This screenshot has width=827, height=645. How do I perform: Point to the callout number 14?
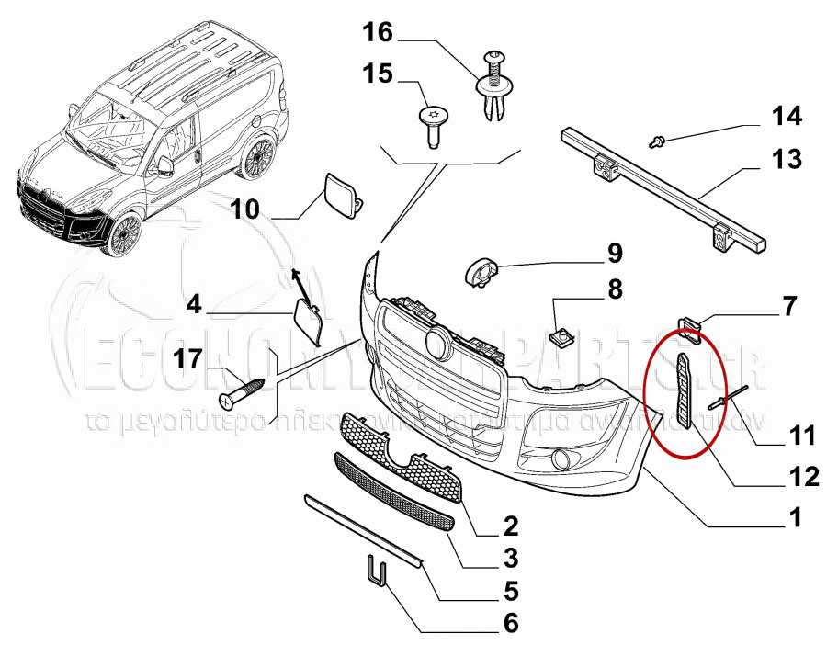click(x=786, y=117)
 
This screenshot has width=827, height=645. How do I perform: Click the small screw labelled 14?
click(x=657, y=141)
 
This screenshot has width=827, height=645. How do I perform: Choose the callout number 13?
click(x=786, y=159)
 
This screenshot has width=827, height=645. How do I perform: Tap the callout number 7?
click(x=789, y=305)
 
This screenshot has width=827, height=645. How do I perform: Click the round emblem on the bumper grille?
click(x=436, y=345)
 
